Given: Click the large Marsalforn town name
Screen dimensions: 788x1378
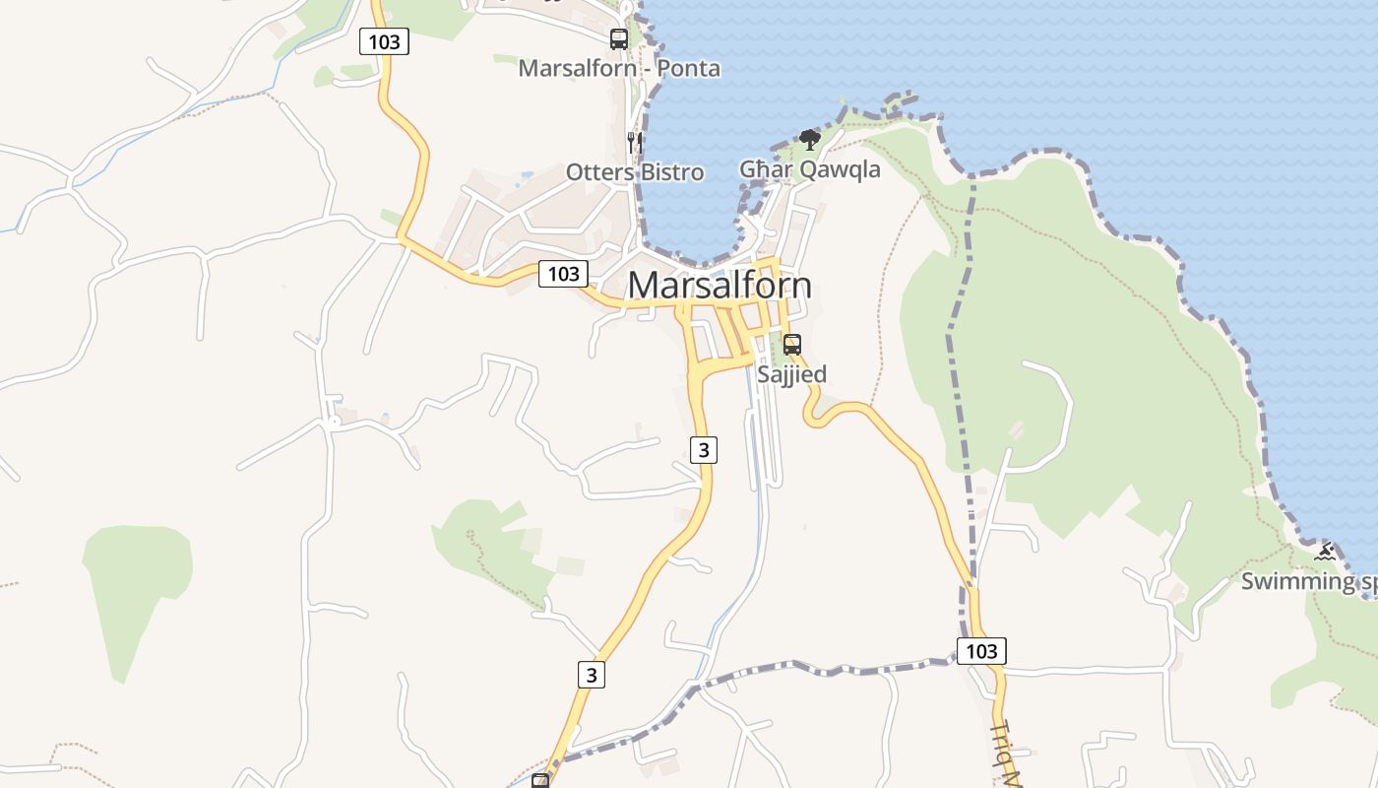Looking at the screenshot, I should [720, 286].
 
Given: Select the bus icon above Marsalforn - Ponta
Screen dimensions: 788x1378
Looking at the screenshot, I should [618, 39].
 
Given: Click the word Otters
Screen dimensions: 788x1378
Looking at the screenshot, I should [599, 172].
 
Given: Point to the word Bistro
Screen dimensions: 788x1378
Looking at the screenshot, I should [672, 172].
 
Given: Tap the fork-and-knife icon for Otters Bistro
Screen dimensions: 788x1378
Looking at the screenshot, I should [635, 142].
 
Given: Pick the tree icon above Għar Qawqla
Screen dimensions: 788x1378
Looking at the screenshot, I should [809, 140].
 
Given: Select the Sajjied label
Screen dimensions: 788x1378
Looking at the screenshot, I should [791, 374].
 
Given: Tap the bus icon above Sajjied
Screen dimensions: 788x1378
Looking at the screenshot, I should [791, 345].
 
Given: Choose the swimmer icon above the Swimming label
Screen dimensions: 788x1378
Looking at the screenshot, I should [1325, 552].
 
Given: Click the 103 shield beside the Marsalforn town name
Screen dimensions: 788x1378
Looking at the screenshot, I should [563, 273].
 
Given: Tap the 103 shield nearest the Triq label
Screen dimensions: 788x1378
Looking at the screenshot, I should [981, 650].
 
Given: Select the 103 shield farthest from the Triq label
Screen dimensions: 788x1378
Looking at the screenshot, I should [384, 41].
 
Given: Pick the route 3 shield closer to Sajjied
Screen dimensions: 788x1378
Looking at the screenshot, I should [703, 450].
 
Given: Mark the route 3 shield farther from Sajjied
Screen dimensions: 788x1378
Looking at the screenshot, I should [591, 675].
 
